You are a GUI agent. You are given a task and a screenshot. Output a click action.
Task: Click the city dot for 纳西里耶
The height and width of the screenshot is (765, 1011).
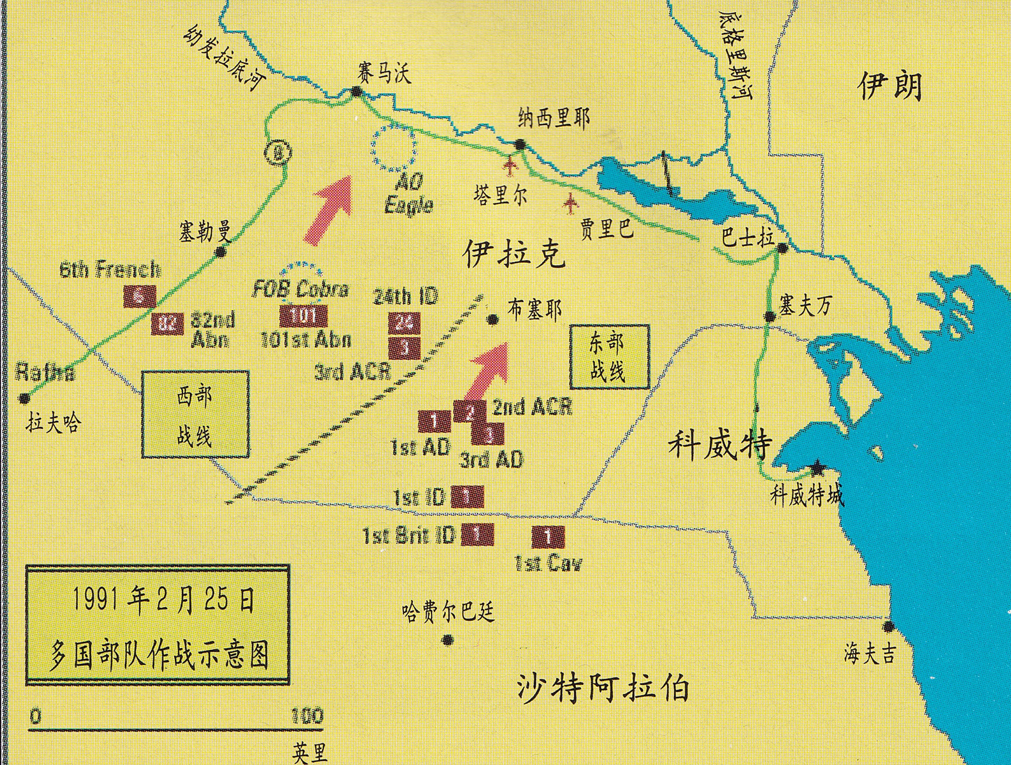(520, 144)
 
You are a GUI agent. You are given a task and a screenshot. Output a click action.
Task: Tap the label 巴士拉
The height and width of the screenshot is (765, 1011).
(747, 237)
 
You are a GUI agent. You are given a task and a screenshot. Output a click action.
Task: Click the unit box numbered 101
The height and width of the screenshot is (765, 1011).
(303, 315)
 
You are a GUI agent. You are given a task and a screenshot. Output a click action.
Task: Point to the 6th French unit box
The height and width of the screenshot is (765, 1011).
(140, 296)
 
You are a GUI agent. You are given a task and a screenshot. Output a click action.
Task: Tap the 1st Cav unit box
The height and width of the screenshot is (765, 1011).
(548, 536)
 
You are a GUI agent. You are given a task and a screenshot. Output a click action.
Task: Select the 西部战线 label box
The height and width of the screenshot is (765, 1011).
(195, 414)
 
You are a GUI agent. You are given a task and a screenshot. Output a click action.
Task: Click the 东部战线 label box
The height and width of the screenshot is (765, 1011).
(609, 357)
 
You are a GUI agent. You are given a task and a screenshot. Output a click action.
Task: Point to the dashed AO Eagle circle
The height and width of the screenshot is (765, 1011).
(394, 147)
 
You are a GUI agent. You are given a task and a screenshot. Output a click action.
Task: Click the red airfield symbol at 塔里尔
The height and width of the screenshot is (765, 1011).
(510, 166)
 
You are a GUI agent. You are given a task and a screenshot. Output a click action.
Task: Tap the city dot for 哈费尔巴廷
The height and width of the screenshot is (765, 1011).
(447, 640)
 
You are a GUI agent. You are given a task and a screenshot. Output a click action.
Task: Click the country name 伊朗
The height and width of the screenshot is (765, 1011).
(890, 86)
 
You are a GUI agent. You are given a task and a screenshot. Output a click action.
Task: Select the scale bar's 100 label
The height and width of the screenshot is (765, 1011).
(307, 716)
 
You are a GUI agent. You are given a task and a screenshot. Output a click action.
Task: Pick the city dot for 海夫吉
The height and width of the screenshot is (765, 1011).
(887, 627)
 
